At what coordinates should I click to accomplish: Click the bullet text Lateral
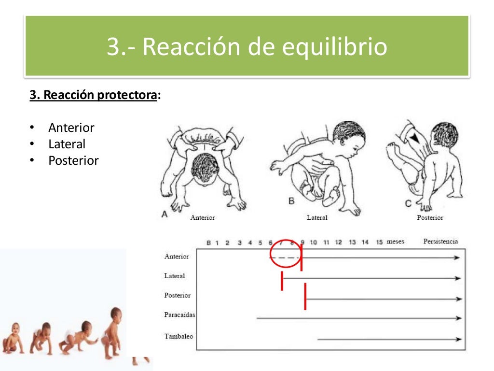tap(67, 144)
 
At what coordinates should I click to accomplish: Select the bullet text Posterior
tap(73, 160)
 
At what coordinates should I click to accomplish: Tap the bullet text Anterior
tap(71, 128)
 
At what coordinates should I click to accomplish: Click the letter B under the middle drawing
tap(291, 201)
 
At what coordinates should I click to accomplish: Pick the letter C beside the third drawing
tap(408, 204)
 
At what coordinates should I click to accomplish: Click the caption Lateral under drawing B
tap(317, 218)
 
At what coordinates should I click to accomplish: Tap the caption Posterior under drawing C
tap(430, 218)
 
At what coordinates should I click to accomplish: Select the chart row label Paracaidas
tap(179, 315)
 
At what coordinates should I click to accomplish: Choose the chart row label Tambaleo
tap(178, 336)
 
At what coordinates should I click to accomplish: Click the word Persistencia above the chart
tap(440, 242)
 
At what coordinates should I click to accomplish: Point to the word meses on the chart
tap(396, 242)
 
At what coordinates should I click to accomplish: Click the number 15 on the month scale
tap(379, 242)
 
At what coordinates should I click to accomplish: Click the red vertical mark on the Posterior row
tap(305, 296)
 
